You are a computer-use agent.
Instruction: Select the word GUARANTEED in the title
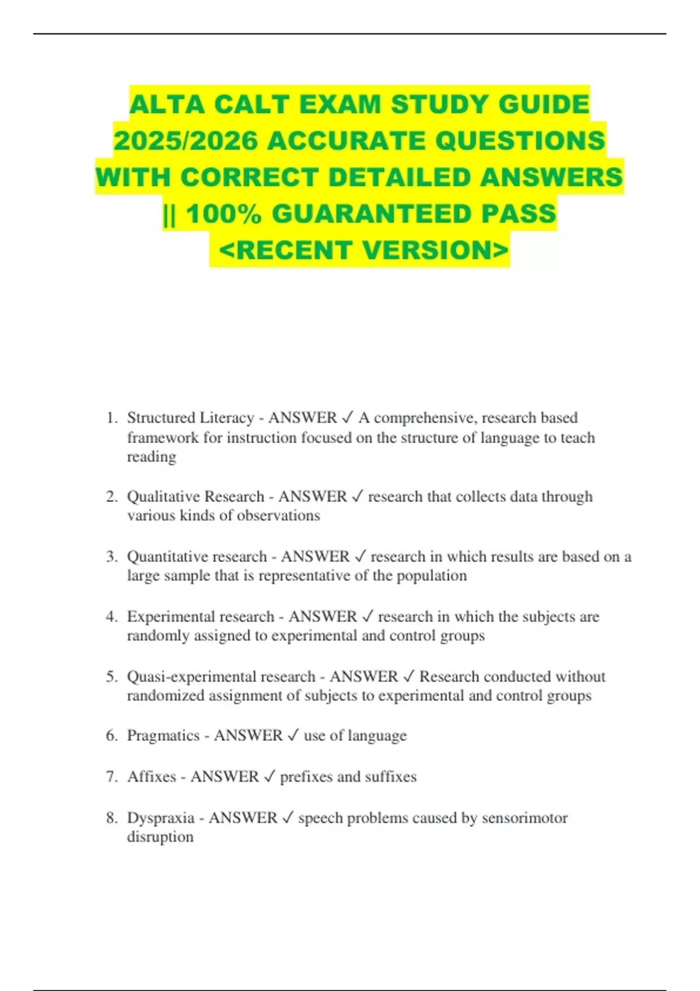tap(372, 214)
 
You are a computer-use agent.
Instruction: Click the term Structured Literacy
tap(190, 418)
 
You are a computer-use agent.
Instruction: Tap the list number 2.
tap(111, 497)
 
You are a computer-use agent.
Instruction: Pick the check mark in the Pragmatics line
tap(293, 736)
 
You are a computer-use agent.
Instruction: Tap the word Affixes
tap(152, 777)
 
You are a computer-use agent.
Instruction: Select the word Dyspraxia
tap(160, 818)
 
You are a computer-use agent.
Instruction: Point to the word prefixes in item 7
tap(306, 777)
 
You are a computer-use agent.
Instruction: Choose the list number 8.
tap(111, 818)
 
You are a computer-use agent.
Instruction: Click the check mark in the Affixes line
tap(269, 777)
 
